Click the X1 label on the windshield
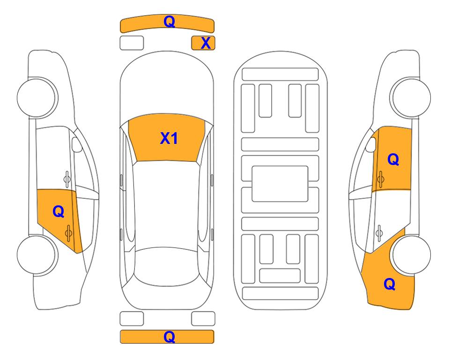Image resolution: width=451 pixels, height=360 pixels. [169, 138]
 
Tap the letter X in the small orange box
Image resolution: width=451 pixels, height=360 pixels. [206, 43]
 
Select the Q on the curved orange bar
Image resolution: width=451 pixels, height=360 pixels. [169, 21]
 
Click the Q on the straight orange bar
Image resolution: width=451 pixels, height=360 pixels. [169, 337]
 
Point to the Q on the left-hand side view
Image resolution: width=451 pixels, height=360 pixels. [59, 211]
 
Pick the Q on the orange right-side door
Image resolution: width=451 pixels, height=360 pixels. [393, 159]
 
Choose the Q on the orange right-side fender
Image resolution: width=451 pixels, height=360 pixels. [390, 284]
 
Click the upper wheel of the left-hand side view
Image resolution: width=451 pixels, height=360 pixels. [37, 97]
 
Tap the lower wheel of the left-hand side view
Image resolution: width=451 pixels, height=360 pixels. [37, 255]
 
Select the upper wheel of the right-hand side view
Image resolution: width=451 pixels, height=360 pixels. [411, 97]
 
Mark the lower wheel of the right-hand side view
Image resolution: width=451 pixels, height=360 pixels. [411, 255]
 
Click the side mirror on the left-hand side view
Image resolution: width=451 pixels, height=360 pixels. [76, 144]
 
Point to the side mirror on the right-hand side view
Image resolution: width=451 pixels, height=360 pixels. [370, 144]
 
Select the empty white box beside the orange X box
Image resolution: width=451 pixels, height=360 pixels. [132, 43]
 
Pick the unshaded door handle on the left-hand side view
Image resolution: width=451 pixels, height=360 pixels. [67, 179]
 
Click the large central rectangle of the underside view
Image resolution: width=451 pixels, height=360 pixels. [280, 184]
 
